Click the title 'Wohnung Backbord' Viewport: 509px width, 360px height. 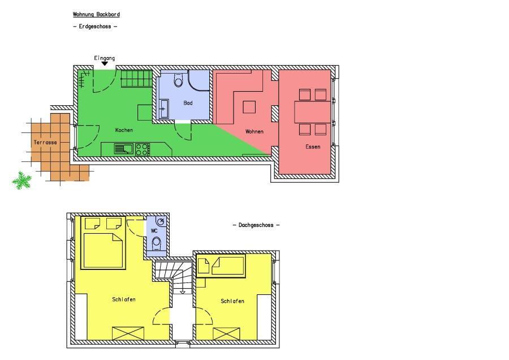[96, 14]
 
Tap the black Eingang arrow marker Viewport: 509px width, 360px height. [105, 64]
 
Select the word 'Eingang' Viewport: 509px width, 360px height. [105, 58]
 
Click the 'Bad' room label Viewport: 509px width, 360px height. [188, 103]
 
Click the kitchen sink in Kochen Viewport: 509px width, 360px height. [124, 149]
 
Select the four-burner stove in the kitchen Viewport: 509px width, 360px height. [143, 149]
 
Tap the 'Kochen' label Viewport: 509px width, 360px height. [124, 130]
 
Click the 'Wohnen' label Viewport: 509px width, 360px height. [254, 131]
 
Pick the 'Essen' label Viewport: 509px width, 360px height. [313, 147]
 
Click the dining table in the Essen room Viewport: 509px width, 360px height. [313, 112]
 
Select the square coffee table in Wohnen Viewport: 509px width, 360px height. [249, 107]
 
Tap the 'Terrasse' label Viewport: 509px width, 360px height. [45, 142]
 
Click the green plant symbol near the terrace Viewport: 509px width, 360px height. [21, 181]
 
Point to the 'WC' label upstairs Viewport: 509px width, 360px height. [154, 231]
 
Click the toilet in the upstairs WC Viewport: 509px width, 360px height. [157, 243]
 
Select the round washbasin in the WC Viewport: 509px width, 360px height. [161, 221]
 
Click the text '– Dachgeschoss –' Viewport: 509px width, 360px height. [256, 225]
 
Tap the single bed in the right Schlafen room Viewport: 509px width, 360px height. [221, 266]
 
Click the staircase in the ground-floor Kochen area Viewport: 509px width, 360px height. [137, 79]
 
